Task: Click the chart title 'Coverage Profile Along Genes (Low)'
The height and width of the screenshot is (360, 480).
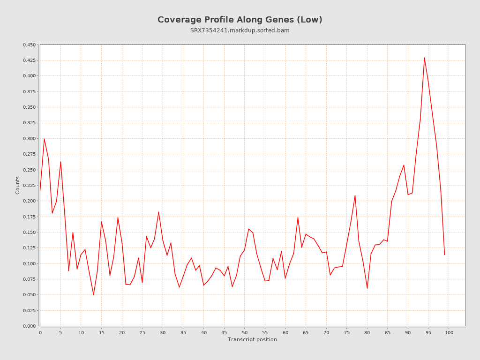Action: coord(240,20)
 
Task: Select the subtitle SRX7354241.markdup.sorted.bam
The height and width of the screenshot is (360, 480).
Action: coord(240,30)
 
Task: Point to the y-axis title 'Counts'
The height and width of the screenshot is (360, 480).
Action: coord(18,185)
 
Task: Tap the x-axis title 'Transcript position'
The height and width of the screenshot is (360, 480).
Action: coord(252,339)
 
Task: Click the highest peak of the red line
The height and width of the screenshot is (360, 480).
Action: coord(424,58)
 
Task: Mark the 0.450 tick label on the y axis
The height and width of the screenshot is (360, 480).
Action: coord(29,45)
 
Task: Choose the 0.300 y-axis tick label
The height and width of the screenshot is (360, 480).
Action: coord(29,139)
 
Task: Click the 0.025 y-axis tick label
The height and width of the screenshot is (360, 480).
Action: coord(29,310)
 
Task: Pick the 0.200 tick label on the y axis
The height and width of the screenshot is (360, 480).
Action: coord(29,201)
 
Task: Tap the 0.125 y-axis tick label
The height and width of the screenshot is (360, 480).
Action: coord(29,248)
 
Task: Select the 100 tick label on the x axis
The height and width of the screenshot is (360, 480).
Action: coord(449,333)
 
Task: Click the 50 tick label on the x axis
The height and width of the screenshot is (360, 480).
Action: coord(245,333)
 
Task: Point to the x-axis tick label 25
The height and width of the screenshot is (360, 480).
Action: coord(142,333)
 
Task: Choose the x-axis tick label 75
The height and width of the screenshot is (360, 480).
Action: coord(347,333)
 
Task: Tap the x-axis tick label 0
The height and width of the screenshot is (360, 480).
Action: coord(40,333)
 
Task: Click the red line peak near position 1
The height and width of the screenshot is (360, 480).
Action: coord(44,139)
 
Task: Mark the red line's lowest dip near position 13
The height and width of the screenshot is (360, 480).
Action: coord(93,294)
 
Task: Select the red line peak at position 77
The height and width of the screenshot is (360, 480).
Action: coord(355,195)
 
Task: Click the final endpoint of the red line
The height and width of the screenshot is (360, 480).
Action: coord(444,255)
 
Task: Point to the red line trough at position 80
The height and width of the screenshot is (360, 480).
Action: coord(367,288)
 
